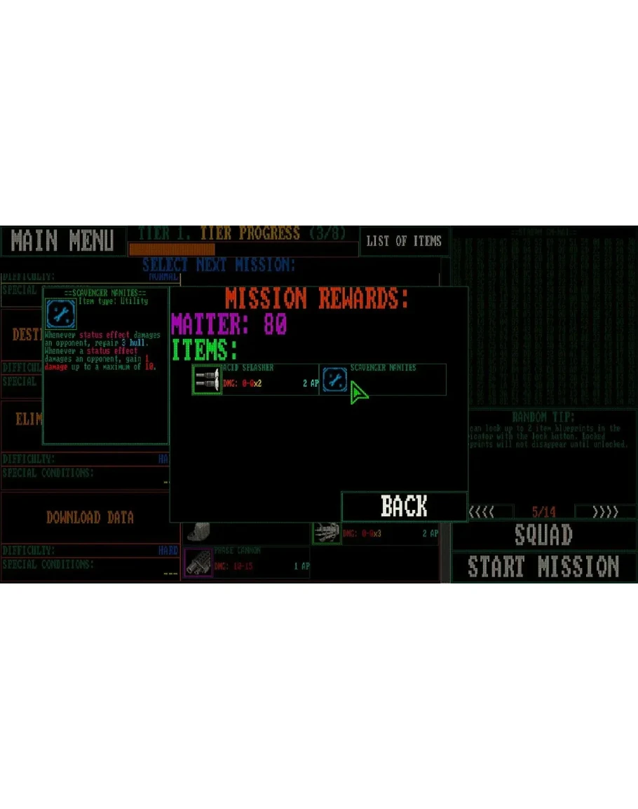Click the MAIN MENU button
pos(62,241)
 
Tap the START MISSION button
pos(543,567)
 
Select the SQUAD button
pos(543,535)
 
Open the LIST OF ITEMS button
pos(404,241)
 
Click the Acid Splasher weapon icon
pos(207,380)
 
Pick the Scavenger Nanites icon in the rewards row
pos(334,380)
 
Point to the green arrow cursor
pos(358,393)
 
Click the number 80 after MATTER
pos(276,324)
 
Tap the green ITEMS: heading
pos(204,349)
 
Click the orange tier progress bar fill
pos(172,249)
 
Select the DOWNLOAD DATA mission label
pos(90,518)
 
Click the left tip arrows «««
pos(481,511)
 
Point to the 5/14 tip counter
pos(543,511)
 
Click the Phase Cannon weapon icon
pos(198,562)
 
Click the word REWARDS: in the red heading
pos(363,299)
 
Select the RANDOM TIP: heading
pos(543,417)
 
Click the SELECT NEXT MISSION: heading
pos(218,265)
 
